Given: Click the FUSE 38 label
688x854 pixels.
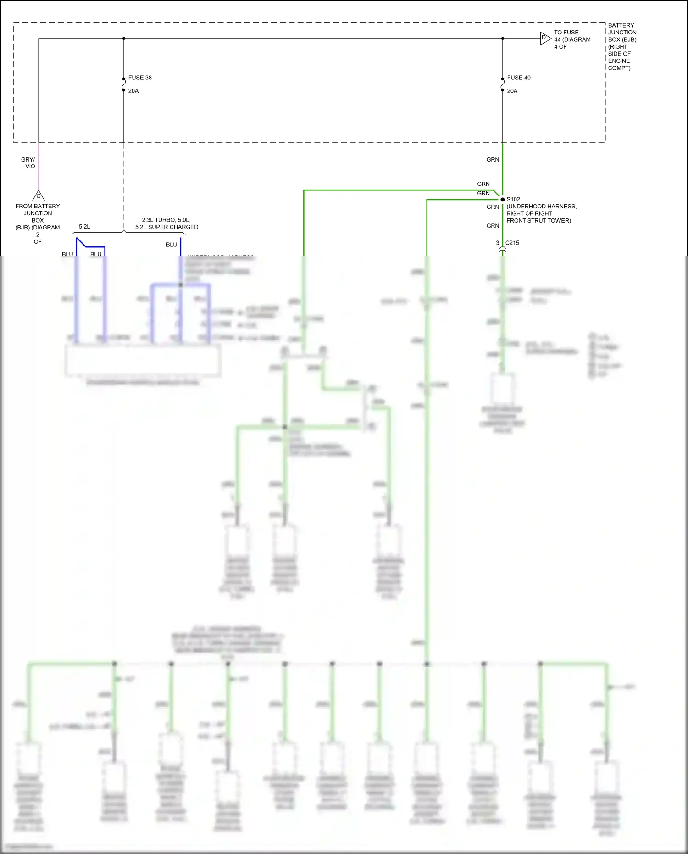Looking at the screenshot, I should pyautogui.click(x=139, y=78).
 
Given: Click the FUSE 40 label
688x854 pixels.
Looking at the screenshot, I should pyautogui.click(x=518, y=78).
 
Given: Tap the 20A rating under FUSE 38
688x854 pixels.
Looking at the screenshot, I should pyautogui.click(x=133, y=91).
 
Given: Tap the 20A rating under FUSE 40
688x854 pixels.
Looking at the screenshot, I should pyautogui.click(x=512, y=91).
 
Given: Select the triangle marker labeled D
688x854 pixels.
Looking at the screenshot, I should pyautogui.click(x=544, y=38).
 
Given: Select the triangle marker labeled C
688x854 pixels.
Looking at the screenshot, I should pyautogui.click(x=39, y=196).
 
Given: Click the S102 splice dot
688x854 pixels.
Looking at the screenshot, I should pyautogui.click(x=502, y=199).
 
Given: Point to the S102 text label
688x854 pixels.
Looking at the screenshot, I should pyautogui.click(x=513, y=199).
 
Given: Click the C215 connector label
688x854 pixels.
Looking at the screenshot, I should pyautogui.click(x=512, y=243).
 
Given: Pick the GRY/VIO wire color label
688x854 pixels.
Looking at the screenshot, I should pyautogui.click(x=28, y=163).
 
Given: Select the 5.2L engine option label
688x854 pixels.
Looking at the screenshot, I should pyautogui.click(x=84, y=227).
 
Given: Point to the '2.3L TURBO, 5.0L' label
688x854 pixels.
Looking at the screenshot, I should pyautogui.click(x=166, y=220).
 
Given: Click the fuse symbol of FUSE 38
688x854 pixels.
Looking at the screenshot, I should pyautogui.click(x=124, y=84).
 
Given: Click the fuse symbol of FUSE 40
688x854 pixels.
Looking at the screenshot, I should pyautogui.click(x=503, y=84).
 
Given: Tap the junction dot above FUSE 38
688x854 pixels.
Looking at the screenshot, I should pyautogui.click(x=124, y=39).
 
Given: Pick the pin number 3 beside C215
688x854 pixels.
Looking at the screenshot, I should pyautogui.click(x=497, y=243).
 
